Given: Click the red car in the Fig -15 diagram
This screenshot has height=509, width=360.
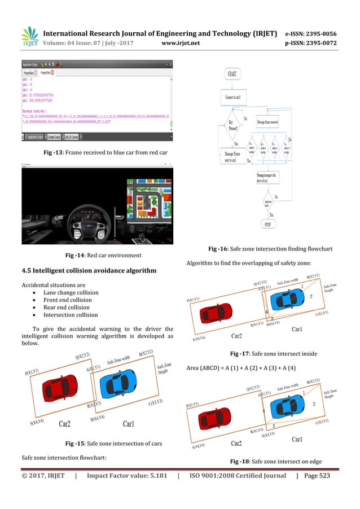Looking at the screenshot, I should pos(57,389).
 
